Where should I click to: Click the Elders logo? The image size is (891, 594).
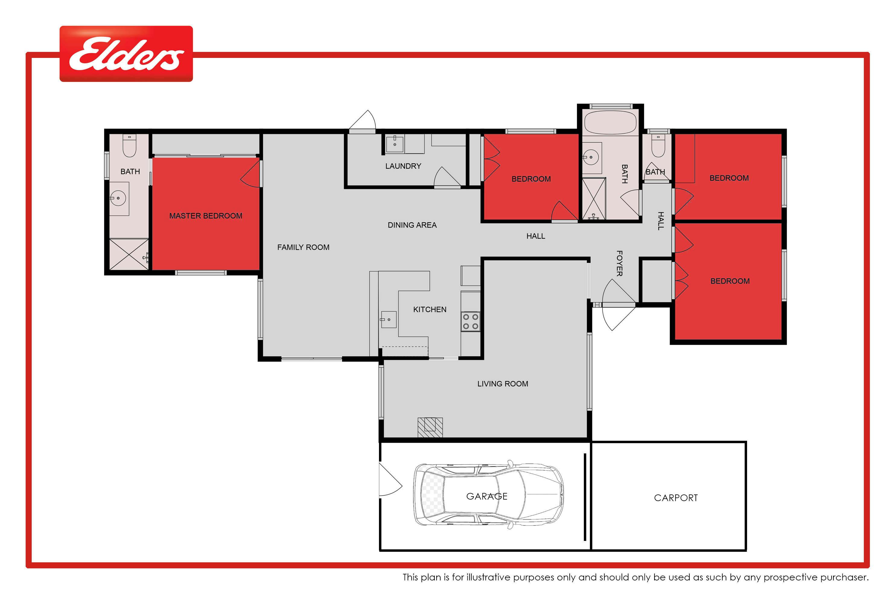[126, 54]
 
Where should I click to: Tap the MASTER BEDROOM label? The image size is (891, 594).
[206, 216]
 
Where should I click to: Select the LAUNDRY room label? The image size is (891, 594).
[403, 166]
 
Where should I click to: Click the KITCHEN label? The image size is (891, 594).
[430, 310]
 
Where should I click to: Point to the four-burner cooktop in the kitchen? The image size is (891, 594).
[470, 322]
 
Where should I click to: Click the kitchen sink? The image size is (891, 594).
[388, 319]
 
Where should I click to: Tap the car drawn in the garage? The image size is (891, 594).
[488, 495]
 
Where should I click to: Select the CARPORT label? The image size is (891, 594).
[676, 498]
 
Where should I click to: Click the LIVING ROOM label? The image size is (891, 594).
[503, 384]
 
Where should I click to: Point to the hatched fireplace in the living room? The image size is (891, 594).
[430, 427]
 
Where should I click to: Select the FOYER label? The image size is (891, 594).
[619, 263]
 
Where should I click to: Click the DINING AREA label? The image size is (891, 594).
[412, 225]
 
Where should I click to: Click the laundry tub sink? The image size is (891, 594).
[395, 144]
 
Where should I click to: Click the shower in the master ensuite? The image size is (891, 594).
[129, 254]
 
